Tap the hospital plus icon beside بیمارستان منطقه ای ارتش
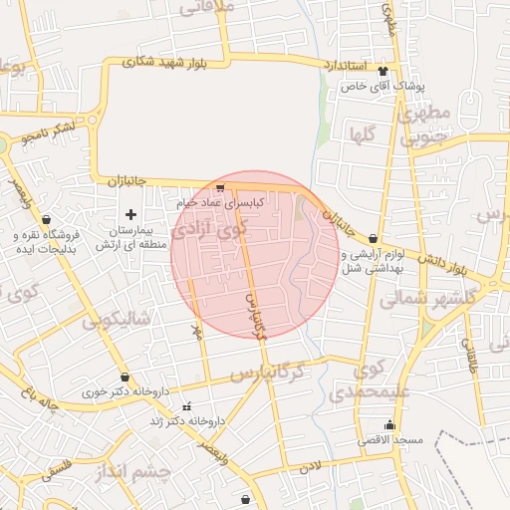coord(130,214)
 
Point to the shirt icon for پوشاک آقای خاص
coord(383,70)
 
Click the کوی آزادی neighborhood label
coord(207,230)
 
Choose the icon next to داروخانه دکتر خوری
coord(124,378)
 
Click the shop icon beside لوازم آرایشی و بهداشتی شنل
coord(373,238)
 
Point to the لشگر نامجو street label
coord(50,131)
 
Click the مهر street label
coord(197,332)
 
